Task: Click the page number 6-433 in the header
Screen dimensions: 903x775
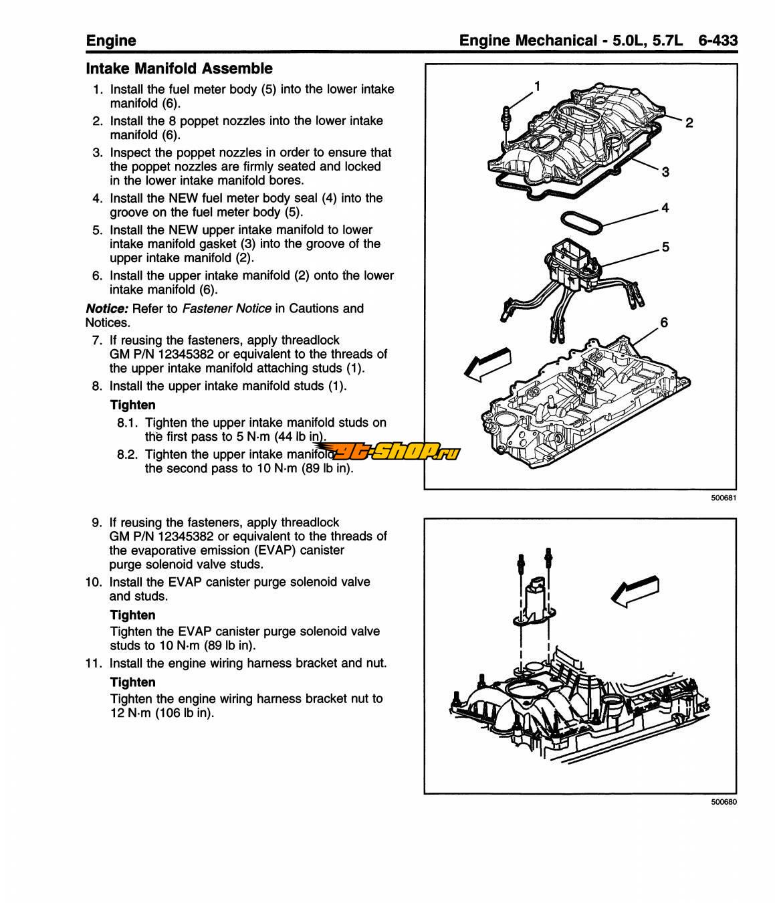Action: [x=717, y=40]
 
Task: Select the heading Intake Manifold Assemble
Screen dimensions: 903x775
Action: [x=179, y=68]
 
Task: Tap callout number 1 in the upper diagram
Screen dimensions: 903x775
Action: [x=537, y=86]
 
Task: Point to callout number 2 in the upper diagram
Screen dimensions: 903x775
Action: [x=689, y=122]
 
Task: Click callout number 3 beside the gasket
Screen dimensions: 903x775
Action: [x=665, y=172]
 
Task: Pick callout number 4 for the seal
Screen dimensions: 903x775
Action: [x=665, y=208]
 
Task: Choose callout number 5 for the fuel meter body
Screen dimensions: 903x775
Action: [x=665, y=247]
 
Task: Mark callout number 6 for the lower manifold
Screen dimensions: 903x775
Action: [x=663, y=322]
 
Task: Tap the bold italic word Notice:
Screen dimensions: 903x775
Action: [x=107, y=308]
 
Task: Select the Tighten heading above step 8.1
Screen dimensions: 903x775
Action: [x=132, y=405]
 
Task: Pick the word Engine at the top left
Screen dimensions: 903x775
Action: [x=111, y=40]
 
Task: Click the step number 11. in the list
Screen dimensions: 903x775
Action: [x=94, y=664]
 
